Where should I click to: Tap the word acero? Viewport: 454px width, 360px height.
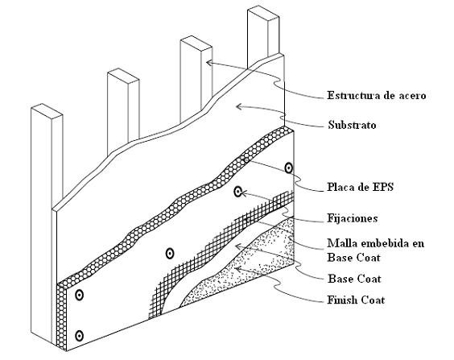(x=411, y=96)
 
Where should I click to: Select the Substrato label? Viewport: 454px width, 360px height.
(x=352, y=125)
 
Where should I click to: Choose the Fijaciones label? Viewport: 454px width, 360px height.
(x=353, y=218)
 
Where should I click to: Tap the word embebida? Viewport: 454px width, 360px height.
(x=386, y=243)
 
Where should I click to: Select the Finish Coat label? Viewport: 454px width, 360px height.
(x=356, y=300)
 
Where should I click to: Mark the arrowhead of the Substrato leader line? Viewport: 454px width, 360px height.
(x=239, y=106)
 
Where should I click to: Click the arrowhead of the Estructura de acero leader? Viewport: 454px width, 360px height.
(x=208, y=62)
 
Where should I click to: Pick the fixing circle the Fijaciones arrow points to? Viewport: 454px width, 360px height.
(x=237, y=192)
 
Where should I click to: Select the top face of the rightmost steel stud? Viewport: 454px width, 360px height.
(x=263, y=15)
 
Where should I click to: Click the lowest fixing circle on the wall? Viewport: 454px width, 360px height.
(x=79, y=336)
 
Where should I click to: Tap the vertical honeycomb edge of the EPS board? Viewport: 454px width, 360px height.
(x=62, y=317)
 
